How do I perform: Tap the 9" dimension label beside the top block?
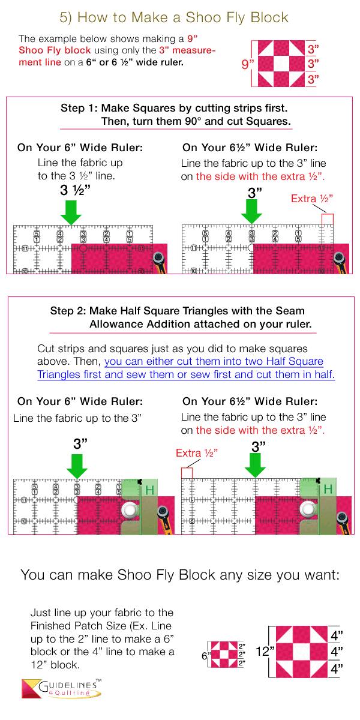click(x=247, y=64)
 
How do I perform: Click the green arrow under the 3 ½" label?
click(x=71, y=212)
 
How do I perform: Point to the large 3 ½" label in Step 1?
click(x=75, y=190)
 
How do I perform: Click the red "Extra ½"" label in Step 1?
click(x=311, y=199)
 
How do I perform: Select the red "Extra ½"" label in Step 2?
click(x=196, y=453)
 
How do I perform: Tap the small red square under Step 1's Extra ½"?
click(x=328, y=219)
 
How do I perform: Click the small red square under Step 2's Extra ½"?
click(x=187, y=473)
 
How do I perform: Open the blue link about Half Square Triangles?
click(x=186, y=368)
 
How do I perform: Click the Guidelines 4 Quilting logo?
click(x=61, y=688)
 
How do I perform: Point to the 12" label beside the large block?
click(x=265, y=651)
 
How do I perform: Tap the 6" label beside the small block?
click(x=205, y=656)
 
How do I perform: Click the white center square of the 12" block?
click(x=301, y=651)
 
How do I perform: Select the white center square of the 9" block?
click(x=281, y=64)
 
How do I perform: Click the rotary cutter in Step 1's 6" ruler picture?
click(x=160, y=262)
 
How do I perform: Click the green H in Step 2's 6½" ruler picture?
click(x=328, y=489)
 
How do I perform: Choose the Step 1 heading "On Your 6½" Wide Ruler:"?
click(x=250, y=148)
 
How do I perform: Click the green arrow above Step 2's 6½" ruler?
click(x=255, y=466)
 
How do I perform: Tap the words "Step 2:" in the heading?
click(x=68, y=311)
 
